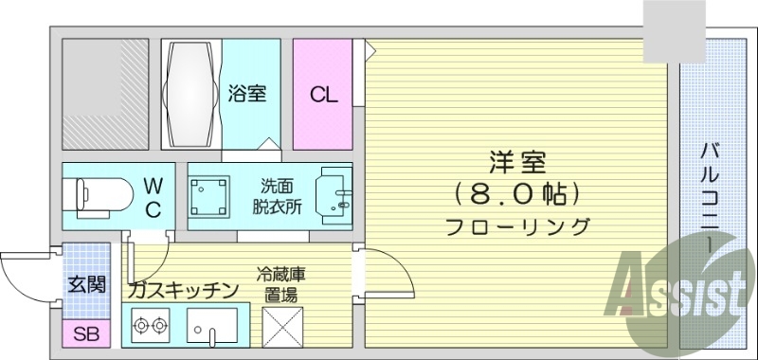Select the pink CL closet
pyautogui.click(x=322, y=94)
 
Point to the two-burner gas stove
pyautogui.click(x=150, y=327)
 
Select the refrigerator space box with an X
pyautogui.click(x=280, y=328)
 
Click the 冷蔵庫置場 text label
pyautogui.click(x=280, y=283)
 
